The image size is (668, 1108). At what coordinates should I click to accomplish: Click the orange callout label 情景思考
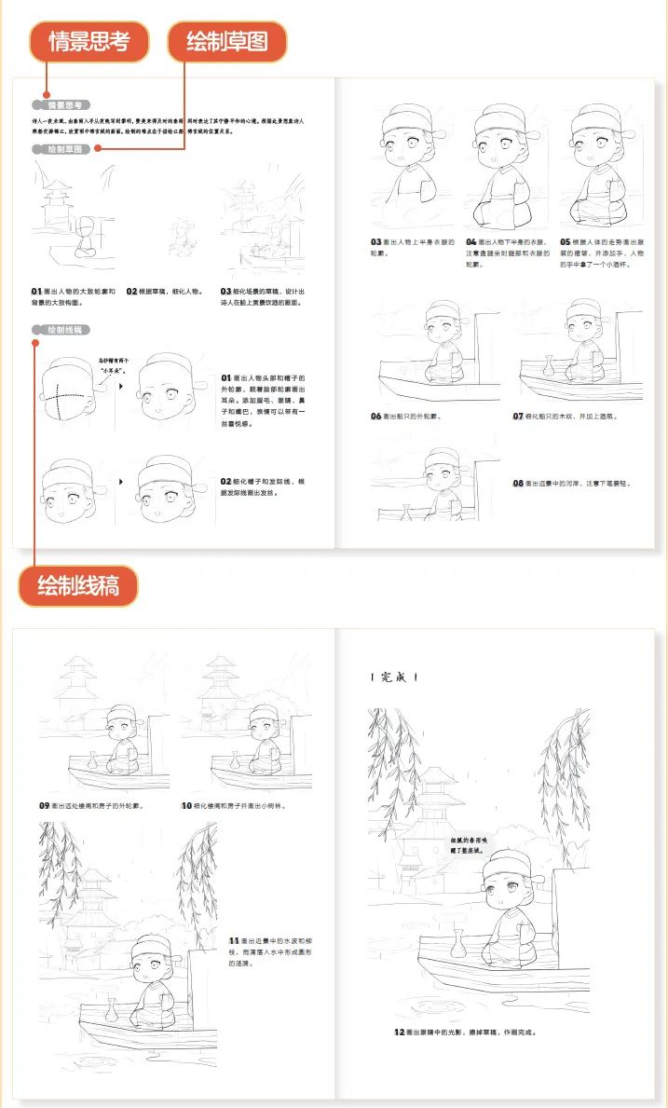(89, 42)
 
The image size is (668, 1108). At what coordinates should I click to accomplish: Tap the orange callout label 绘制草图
(226, 42)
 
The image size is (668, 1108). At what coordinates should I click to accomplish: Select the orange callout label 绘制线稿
(78, 586)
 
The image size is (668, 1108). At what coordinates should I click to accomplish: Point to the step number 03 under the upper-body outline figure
(376, 242)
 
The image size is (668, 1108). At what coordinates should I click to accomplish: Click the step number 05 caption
(565, 242)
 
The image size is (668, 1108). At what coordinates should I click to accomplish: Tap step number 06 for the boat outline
(376, 416)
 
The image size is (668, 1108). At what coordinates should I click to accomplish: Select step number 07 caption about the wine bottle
(518, 416)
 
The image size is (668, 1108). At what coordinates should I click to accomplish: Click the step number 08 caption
(518, 484)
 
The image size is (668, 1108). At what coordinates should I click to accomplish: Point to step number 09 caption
(44, 804)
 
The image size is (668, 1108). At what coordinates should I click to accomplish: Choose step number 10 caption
(186, 804)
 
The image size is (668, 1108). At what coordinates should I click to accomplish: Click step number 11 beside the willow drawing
(234, 942)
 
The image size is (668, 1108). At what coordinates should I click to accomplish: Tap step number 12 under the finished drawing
(399, 1033)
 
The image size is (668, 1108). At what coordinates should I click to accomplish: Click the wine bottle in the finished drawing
(457, 945)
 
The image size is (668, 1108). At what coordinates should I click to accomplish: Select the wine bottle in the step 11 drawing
(112, 1008)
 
